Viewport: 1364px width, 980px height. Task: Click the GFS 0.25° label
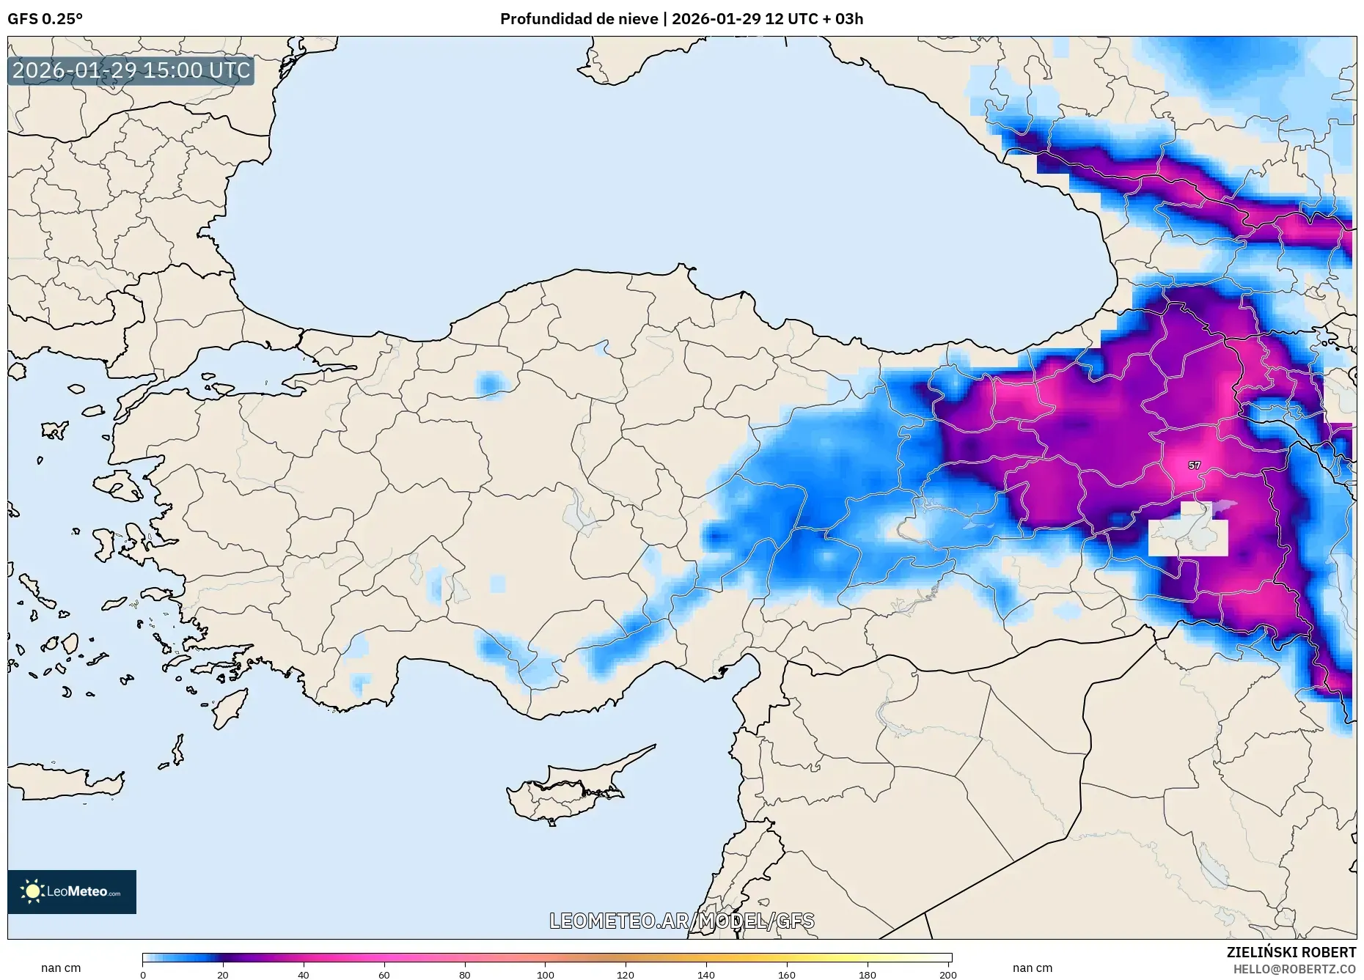[x=45, y=19]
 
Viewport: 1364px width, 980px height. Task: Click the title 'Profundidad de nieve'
[x=579, y=19]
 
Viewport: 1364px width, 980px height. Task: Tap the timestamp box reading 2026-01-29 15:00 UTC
[x=131, y=70]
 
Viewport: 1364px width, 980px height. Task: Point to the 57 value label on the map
[x=1194, y=465]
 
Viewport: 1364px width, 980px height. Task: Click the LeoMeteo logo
[x=72, y=891]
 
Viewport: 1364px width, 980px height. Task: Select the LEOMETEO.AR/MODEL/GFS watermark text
[x=681, y=921]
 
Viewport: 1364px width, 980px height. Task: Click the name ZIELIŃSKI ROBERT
[x=1291, y=952]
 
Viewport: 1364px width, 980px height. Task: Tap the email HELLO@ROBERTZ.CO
[x=1294, y=969]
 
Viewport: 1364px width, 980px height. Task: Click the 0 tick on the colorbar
[x=143, y=974]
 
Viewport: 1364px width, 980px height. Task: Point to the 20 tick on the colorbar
[x=223, y=974]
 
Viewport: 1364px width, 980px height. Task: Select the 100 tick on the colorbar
[x=545, y=974]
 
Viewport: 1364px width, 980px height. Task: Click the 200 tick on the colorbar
[x=947, y=974]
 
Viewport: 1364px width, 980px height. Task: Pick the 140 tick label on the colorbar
[x=705, y=974]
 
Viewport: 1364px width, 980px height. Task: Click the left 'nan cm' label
[x=61, y=968]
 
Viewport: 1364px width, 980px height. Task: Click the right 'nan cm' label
[x=1032, y=968]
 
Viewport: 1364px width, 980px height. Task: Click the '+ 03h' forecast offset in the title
[x=843, y=19]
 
